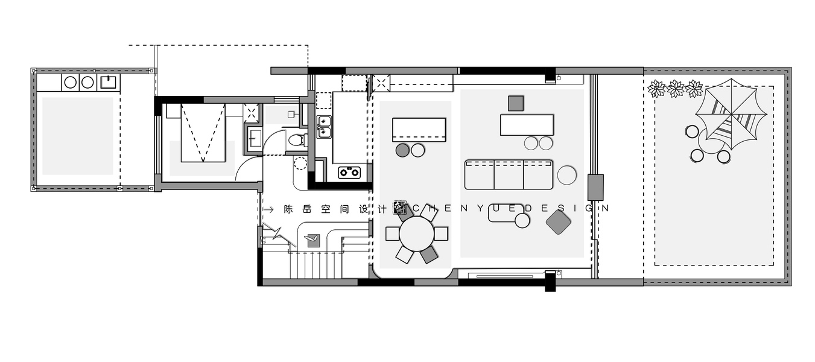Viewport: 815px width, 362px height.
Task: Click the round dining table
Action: point(417,233)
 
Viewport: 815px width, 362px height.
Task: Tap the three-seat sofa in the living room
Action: point(509,174)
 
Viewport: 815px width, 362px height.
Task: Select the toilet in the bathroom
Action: point(297,140)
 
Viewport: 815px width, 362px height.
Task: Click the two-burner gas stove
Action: point(349,173)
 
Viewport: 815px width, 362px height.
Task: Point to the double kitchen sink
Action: point(324,127)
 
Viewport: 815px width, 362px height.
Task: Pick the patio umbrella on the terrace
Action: point(731,115)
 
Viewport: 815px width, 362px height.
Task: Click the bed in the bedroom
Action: point(203,133)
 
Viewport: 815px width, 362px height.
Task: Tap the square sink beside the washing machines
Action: point(109,82)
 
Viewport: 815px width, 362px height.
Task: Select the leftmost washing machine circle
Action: point(70,83)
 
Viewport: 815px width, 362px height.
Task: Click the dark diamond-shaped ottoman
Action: point(558,222)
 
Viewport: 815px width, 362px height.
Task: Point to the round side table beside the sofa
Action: point(567,175)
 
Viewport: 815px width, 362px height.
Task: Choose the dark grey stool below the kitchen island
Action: point(402,150)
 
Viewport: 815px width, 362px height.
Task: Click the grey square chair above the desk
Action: point(516,103)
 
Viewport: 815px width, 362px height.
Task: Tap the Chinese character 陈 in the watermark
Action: point(288,209)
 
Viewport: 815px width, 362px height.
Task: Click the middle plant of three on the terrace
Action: point(675,89)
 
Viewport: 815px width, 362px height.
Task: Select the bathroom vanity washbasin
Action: point(255,138)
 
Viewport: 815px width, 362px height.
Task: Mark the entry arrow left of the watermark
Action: point(268,209)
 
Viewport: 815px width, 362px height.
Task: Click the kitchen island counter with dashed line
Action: point(419,130)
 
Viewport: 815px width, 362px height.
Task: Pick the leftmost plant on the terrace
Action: point(657,89)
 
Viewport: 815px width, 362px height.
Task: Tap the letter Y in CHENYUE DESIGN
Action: point(481,209)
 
